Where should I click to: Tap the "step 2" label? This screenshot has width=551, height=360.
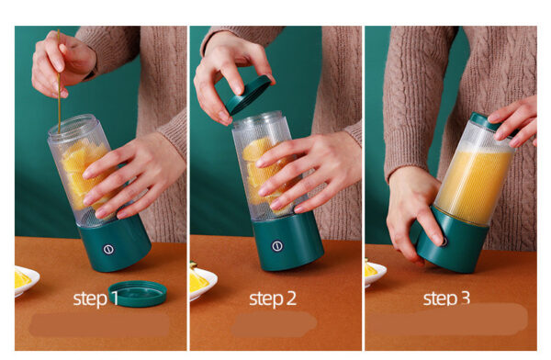(272, 298)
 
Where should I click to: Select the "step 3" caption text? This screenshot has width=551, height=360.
(446, 298)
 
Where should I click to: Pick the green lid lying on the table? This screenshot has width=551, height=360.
(137, 293)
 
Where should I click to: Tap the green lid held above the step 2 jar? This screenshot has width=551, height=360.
(249, 95)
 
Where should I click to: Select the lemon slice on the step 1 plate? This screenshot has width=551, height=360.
(23, 277)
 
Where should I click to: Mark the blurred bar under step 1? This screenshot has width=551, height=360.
(98, 324)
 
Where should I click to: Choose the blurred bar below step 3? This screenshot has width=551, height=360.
(446, 321)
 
